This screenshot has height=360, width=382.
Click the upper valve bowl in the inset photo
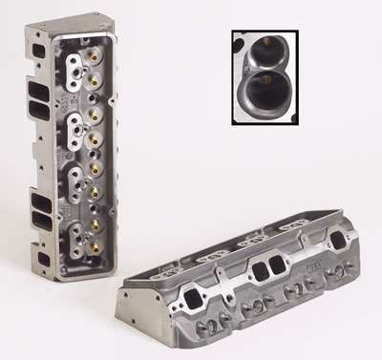point(270,49)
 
